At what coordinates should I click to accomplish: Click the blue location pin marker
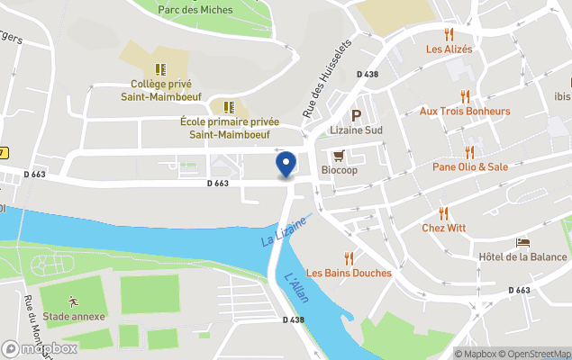click(x=286, y=165)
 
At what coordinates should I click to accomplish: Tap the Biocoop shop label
click(x=339, y=170)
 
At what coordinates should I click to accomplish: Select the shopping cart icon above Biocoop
click(x=339, y=155)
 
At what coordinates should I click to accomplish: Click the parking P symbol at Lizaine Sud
click(x=356, y=115)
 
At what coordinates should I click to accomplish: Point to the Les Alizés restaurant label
click(x=449, y=49)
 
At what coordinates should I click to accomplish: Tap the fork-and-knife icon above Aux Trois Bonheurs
click(x=465, y=96)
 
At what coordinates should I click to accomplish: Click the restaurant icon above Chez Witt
click(x=444, y=213)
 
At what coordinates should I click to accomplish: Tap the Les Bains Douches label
click(x=349, y=273)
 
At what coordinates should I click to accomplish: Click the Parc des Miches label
click(x=195, y=10)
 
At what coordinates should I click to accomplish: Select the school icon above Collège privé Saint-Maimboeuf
click(x=159, y=69)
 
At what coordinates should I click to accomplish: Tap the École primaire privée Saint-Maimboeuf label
click(x=230, y=128)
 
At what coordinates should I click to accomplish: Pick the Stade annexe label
click(x=74, y=316)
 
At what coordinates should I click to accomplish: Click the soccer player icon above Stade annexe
click(x=73, y=301)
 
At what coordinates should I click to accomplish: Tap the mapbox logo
click(x=40, y=348)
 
